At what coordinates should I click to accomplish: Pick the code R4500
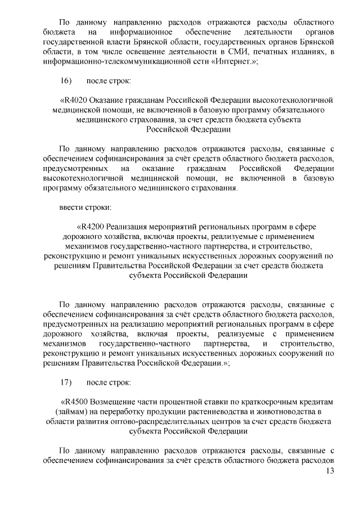pos(75,402)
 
